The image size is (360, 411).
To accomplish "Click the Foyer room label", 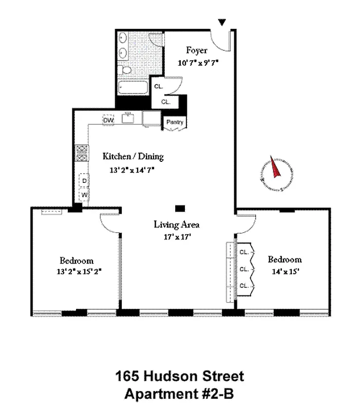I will tap(197, 50).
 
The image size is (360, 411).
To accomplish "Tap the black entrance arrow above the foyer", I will tap(222, 23).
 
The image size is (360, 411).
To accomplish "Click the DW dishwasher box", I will tap(108, 120).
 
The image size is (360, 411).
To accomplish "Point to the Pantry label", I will tap(174, 122).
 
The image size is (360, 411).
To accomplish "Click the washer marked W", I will tap(84, 196).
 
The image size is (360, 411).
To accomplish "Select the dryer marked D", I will tap(84, 180).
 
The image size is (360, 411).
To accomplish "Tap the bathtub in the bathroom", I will tap(132, 87).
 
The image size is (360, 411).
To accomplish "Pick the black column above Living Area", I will tap(179, 208).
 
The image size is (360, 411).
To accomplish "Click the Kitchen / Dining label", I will tap(133, 157).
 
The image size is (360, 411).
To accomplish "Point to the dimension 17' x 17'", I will tap(177, 237).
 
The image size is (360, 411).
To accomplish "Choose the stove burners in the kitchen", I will tap(81, 155).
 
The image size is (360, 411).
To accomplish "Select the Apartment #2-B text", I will tap(179, 395).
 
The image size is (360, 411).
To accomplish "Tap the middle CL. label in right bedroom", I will tap(244, 269).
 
